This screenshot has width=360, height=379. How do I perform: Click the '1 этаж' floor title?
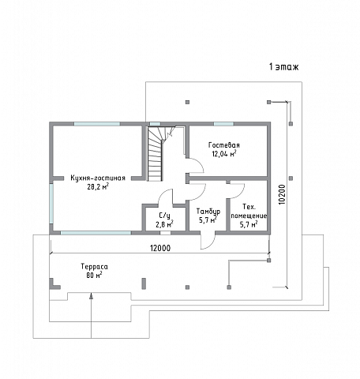283,67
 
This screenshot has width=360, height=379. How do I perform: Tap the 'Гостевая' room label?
224,145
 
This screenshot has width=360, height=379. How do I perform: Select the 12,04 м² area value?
224,153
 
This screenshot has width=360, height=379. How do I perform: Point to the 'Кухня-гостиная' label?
98,178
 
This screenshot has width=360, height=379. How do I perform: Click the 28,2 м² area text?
98,186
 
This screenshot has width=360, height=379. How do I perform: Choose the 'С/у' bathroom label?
165,216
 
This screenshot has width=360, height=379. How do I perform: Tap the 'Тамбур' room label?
208,212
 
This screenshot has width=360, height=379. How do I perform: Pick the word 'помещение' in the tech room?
249,216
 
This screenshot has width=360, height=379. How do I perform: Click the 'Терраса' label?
94,267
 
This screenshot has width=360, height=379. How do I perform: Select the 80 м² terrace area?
94,276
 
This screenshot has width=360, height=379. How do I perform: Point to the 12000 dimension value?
160,248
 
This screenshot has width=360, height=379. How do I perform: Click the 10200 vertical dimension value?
282,194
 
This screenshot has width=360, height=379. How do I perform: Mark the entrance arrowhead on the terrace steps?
91,296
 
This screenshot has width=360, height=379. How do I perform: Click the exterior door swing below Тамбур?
208,242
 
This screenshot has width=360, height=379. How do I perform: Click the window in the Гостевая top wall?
223,124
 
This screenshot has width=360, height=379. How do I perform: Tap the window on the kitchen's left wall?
51,204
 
